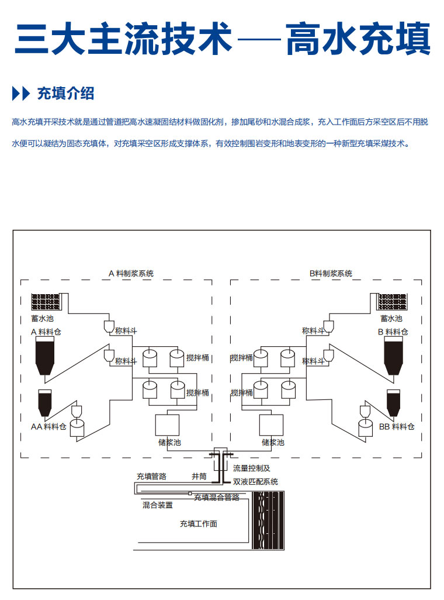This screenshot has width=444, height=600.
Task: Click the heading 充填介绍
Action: (x=65, y=93)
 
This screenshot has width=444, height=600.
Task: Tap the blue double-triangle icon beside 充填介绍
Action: (x=20, y=93)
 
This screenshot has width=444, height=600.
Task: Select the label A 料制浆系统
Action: (x=131, y=273)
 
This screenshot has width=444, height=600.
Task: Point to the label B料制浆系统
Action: (x=331, y=273)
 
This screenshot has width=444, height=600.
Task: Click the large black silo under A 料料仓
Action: (x=44, y=356)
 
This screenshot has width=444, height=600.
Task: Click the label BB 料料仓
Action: (x=397, y=427)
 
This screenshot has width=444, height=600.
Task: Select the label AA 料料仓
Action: (x=48, y=427)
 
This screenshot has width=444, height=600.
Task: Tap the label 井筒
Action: (x=199, y=476)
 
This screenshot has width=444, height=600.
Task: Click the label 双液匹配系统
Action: (x=255, y=481)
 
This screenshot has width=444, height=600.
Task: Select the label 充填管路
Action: (x=151, y=476)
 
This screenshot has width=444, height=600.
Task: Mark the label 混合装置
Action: (x=158, y=505)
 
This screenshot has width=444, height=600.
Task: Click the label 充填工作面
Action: (x=199, y=523)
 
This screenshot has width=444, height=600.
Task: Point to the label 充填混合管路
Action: (x=217, y=497)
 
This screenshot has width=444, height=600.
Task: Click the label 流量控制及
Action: (x=252, y=468)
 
